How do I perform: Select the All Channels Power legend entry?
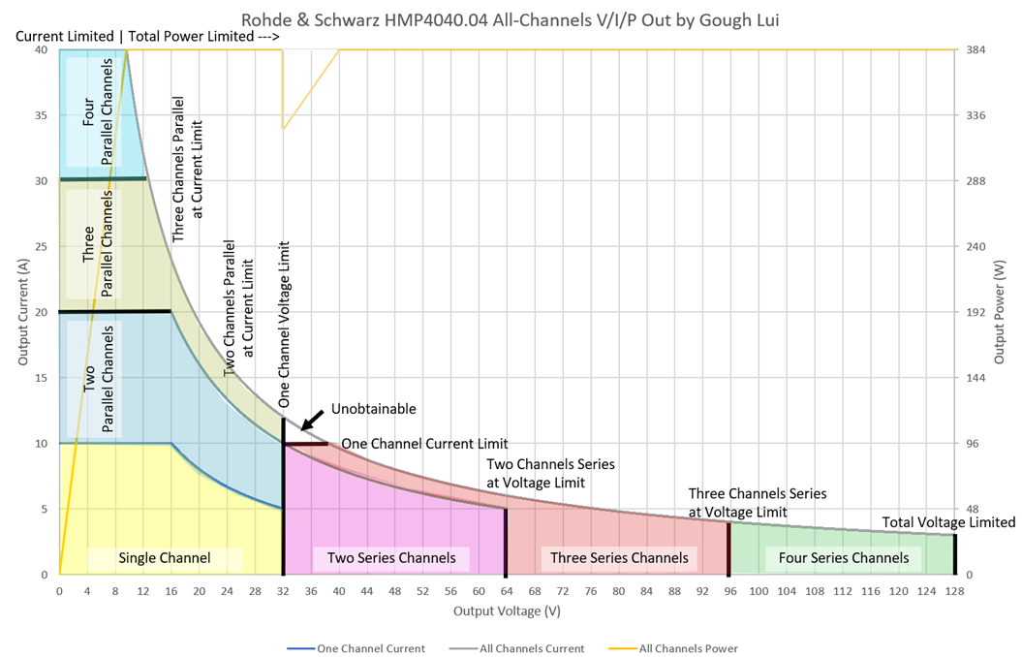click(689, 648)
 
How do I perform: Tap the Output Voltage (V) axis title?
click(507, 611)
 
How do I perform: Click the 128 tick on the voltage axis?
click(954, 590)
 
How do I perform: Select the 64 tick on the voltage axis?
click(507, 590)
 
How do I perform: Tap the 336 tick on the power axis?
click(976, 115)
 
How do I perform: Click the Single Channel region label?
click(165, 558)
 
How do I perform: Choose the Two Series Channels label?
click(390, 558)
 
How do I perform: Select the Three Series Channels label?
click(619, 558)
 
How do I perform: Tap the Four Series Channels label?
click(843, 558)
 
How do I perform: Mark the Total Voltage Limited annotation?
click(948, 523)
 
